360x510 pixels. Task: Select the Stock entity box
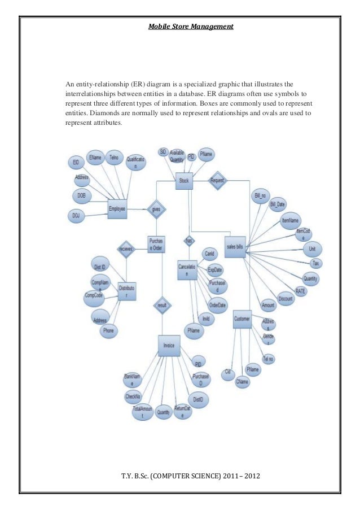tap(183, 181)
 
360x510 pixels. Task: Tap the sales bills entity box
tap(235, 247)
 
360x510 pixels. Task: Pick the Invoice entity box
tap(169, 346)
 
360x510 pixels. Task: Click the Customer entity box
tap(242, 319)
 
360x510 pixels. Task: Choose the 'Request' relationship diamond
tap(217, 181)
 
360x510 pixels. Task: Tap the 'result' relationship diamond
tap(162, 304)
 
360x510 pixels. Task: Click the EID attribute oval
tap(76, 163)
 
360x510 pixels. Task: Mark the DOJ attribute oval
tap(75, 215)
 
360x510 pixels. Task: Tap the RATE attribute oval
tap(300, 291)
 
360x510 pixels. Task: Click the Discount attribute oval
tap(286, 299)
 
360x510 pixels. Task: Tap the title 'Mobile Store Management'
tap(191, 26)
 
